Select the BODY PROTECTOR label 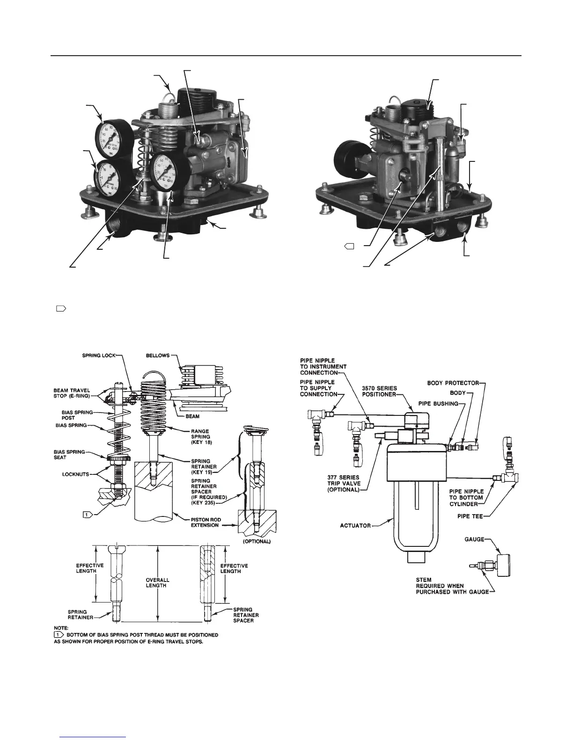(452, 383)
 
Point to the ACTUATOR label (355, 525)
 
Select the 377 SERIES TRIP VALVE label (344, 484)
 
